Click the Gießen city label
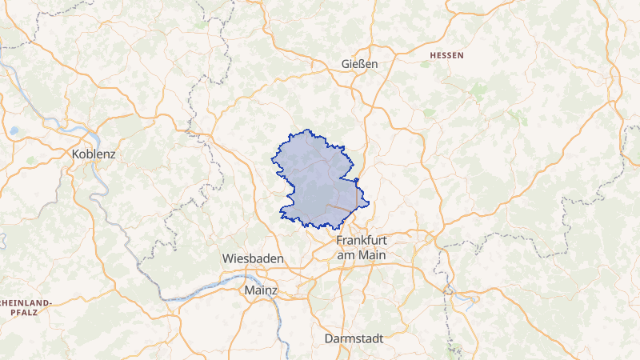tap(358, 64)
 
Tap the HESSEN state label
tap(446, 55)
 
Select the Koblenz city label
tap(94, 153)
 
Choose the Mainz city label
tap(261, 290)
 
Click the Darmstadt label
tap(354, 338)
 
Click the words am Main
tap(362, 254)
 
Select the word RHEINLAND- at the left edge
tap(25, 302)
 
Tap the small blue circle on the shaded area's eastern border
tap(356, 180)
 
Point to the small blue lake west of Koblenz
tap(14, 130)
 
